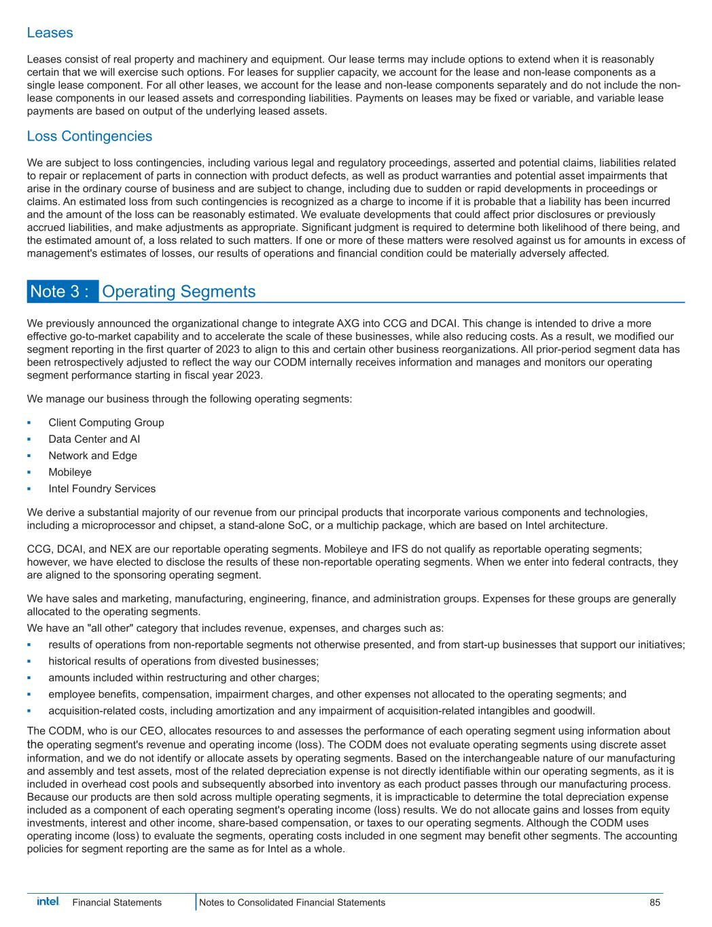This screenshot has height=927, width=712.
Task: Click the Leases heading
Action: [50, 33]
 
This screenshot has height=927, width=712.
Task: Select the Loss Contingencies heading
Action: [89, 137]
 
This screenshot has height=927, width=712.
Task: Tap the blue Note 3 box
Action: [63, 291]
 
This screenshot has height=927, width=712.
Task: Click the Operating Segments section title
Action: [179, 291]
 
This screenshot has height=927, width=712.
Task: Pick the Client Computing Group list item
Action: [106, 422]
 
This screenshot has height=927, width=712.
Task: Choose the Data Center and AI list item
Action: [94, 439]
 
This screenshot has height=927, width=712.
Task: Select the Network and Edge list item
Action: [92, 456]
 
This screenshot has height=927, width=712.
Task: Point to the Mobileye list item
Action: [70, 472]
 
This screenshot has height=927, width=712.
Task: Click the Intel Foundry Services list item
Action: [102, 489]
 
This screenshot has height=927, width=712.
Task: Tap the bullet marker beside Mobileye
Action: [29, 472]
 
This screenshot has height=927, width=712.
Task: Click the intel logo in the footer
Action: [48, 901]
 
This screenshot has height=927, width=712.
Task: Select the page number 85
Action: [654, 903]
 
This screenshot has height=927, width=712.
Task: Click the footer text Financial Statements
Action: [117, 903]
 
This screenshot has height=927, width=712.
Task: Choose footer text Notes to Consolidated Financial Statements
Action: [292, 903]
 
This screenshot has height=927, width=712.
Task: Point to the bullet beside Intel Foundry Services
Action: [29, 489]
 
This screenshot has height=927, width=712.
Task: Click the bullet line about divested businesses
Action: [183, 661]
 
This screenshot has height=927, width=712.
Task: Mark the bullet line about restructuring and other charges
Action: [183, 678]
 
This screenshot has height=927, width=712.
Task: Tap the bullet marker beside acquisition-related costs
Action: [29, 711]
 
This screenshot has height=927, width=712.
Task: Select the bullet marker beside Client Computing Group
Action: [29, 422]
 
